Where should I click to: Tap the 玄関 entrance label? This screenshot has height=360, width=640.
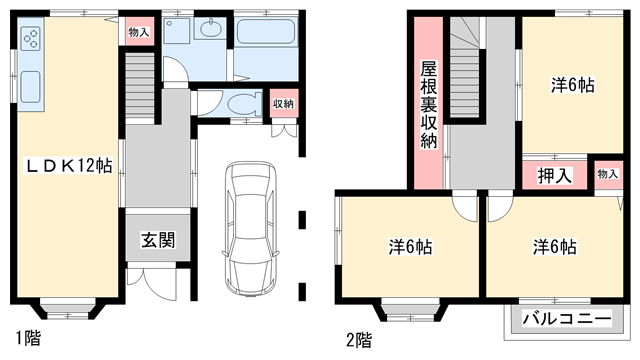(x=157, y=240)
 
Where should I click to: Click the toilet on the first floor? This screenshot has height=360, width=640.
(x=239, y=105)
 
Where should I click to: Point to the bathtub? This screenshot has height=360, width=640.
(x=266, y=44)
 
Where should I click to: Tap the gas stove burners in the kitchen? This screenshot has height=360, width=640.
(x=31, y=41)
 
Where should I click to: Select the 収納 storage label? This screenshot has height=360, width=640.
(x=283, y=103)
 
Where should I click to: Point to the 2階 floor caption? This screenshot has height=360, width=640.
(x=358, y=338)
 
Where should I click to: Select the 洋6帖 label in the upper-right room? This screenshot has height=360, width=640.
(x=571, y=86)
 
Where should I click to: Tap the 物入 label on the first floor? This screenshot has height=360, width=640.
(x=138, y=32)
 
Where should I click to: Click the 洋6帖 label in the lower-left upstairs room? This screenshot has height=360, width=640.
(x=410, y=246)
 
